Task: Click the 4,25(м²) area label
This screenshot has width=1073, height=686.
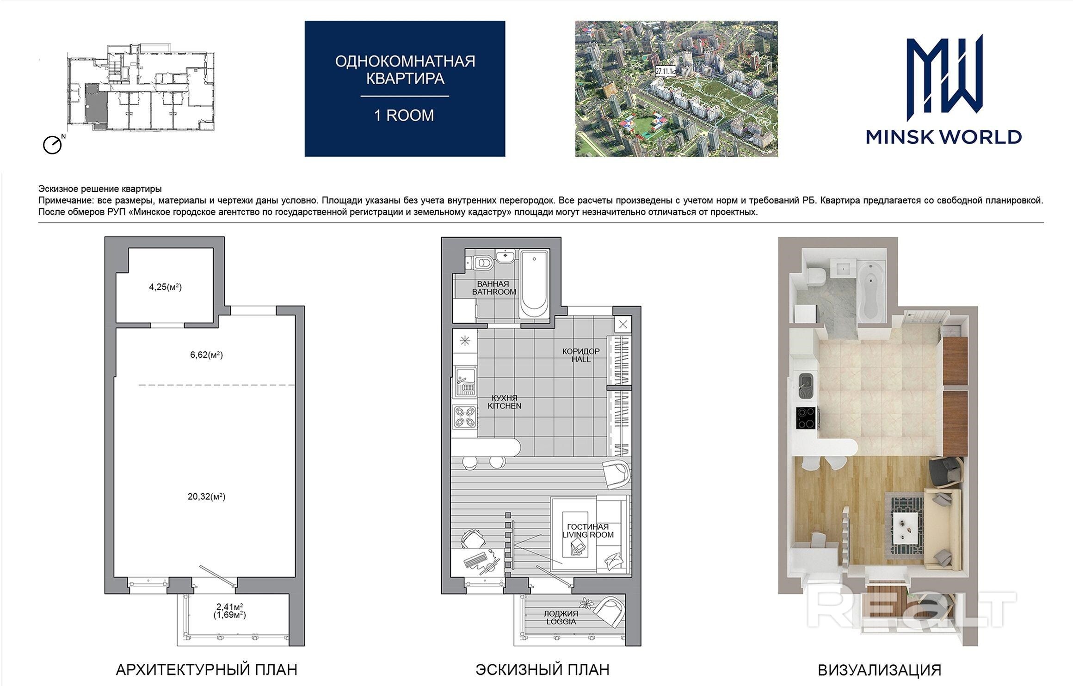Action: click(x=165, y=287)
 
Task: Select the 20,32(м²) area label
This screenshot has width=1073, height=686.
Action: click(x=206, y=497)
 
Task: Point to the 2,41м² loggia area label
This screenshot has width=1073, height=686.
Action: click(x=230, y=606)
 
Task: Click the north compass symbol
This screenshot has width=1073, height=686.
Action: click(x=53, y=144)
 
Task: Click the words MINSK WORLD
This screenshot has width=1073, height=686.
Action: click(x=943, y=137)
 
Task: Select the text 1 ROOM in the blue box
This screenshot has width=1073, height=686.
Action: click(x=404, y=115)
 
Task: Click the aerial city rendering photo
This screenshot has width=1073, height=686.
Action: click(x=676, y=89)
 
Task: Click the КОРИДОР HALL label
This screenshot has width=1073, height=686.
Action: click(x=581, y=355)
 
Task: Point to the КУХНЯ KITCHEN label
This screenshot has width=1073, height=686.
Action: click(x=504, y=402)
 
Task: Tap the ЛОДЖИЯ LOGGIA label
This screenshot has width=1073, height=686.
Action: click(x=561, y=618)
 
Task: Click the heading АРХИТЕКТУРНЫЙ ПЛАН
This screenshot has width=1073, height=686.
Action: click(x=206, y=670)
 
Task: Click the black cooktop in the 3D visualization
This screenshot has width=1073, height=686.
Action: click(x=807, y=417)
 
